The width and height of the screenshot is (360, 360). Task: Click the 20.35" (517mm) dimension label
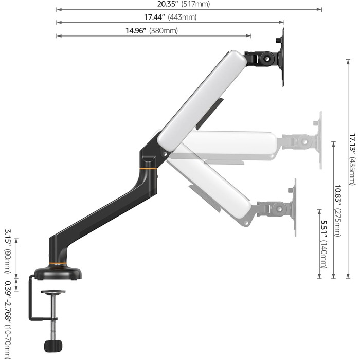[x=184, y=4]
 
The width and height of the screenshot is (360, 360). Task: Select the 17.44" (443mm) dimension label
[x=170, y=17]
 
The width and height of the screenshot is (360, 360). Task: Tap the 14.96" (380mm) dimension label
[x=152, y=30]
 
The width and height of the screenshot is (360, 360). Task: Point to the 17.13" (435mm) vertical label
[x=352, y=159]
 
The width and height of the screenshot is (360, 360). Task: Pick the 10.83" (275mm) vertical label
[x=338, y=210]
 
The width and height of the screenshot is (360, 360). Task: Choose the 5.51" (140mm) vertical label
[x=323, y=244]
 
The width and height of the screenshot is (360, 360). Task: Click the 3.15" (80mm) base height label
[x=8, y=251]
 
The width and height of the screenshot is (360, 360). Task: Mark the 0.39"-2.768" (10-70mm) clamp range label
[x=8, y=320]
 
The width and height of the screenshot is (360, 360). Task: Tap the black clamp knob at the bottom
[x=53, y=346]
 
